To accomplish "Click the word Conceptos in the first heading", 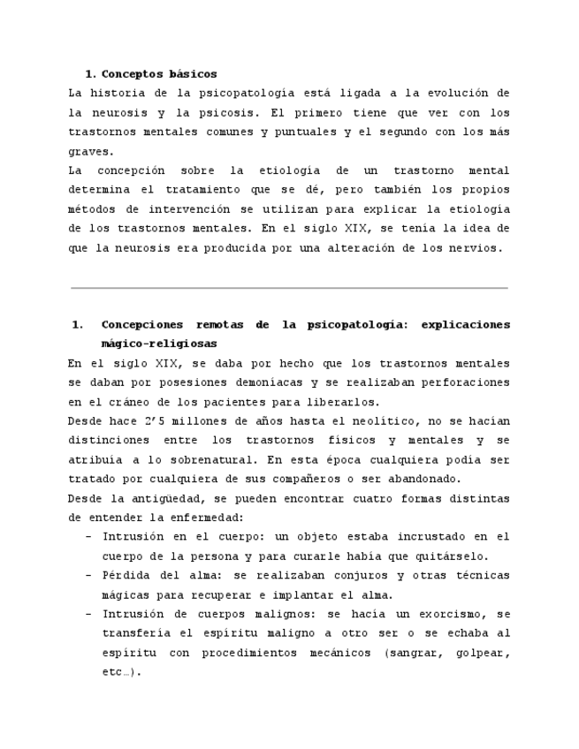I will click(132, 74).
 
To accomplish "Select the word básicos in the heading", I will click(193, 74).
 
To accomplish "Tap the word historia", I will click(116, 94).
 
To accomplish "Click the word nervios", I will click(476, 248).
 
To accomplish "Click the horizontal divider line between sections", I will click(289, 288).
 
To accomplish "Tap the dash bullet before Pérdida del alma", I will click(88, 576).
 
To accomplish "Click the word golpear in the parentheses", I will click(482, 653).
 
